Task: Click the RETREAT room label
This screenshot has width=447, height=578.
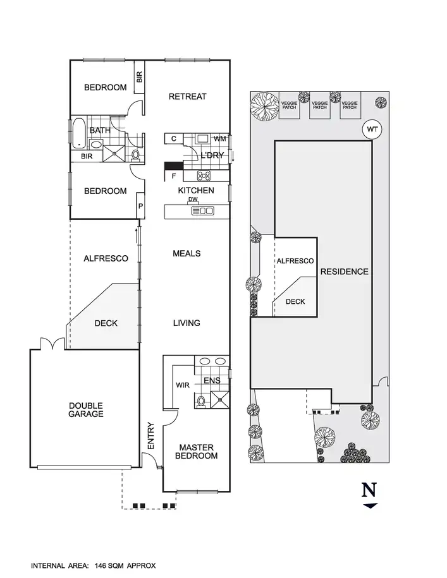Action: click(188, 97)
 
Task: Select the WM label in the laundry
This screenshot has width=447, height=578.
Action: click(220, 138)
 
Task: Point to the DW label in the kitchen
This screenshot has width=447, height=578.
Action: click(193, 200)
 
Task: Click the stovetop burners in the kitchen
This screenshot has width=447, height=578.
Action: click(204, 176)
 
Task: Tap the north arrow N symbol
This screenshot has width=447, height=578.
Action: click(369, 491)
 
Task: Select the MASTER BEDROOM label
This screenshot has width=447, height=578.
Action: click(196, 451)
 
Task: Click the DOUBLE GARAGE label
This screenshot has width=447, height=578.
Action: click(86, 410)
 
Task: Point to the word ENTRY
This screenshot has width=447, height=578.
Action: click(150, 436)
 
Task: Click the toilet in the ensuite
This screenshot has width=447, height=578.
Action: click(200, 400)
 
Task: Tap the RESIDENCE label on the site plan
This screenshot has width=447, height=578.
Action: click(344, 272)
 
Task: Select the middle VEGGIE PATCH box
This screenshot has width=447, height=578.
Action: click(320, 105)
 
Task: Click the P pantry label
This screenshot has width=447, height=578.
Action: click(140, 207)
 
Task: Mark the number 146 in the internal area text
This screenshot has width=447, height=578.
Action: click(102, 566)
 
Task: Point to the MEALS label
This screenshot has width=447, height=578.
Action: click(187, 253)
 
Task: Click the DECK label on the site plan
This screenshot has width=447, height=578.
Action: click(295, 301)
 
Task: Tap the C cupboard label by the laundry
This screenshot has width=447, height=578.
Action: click(173, 138)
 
